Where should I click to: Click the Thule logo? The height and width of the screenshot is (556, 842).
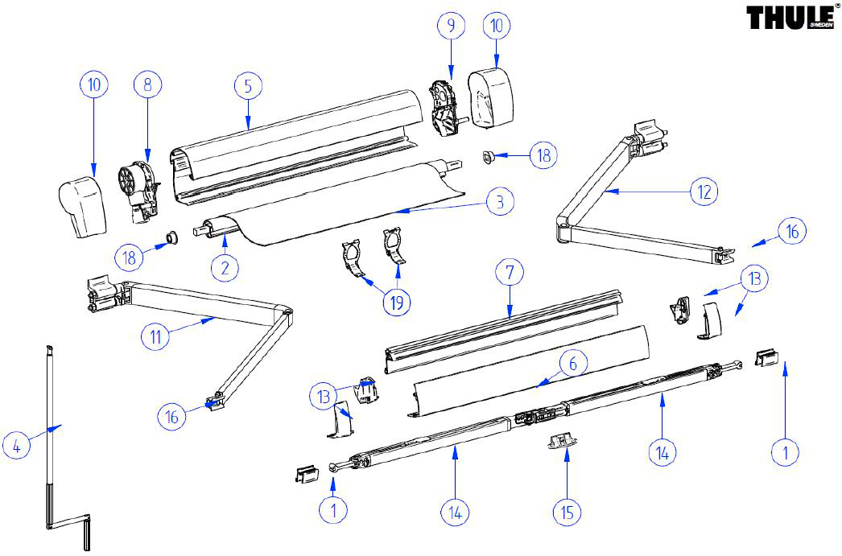pos(792,17)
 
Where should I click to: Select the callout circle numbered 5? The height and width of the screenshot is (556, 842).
pos(248,86)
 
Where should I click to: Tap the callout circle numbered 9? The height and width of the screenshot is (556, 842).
pos(451,25)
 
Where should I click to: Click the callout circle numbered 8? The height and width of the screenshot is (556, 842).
pos(147,84)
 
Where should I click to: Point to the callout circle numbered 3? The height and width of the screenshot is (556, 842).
pos(500,202)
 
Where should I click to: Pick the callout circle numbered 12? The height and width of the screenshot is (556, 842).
pos(704,192)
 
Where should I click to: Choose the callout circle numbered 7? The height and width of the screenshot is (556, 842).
pos(510,272)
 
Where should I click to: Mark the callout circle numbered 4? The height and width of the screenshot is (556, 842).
pos(16,446)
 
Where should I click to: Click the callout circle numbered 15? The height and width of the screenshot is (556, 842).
pos(567,512)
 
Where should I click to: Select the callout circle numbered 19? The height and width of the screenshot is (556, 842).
pos(397,303)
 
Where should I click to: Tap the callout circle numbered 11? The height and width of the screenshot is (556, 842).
pos(155,336)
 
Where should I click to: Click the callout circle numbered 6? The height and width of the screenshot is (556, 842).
pos(573,364)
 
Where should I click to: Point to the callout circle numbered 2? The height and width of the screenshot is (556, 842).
pos(225,267)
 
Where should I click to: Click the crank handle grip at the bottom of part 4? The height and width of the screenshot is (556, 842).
pos(87,533)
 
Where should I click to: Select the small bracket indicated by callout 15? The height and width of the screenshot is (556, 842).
pos(563,442)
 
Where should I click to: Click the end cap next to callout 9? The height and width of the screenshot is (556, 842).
pos(490,98)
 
